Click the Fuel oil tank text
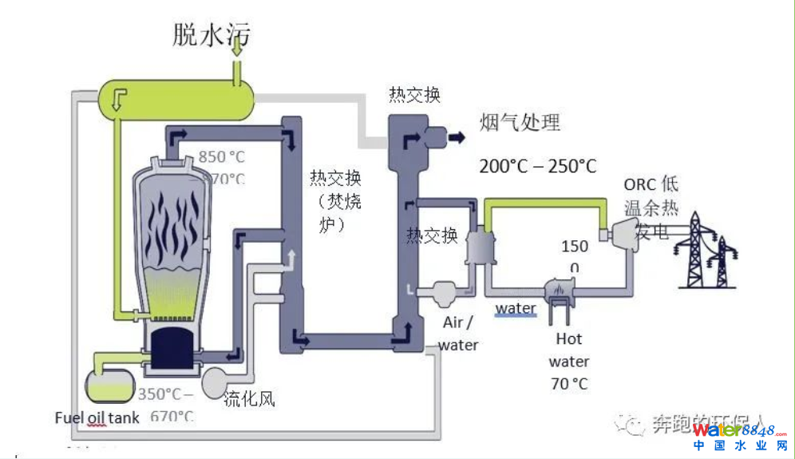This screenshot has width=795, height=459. (97, 417)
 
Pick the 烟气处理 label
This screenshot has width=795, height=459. (520, 122)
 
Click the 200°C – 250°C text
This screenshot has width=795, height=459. (537, 166)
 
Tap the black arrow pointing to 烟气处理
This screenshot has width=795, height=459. (456, 137)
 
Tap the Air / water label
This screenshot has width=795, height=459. (458, 333)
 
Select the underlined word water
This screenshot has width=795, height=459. (516, 309)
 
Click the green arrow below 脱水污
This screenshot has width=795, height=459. (237, 49)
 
